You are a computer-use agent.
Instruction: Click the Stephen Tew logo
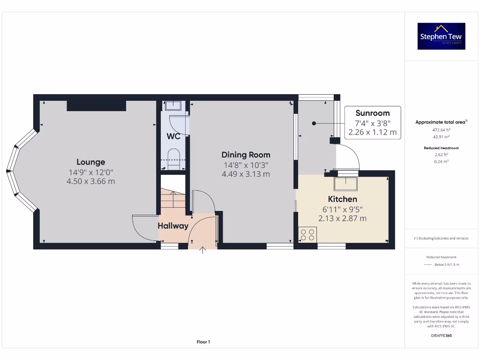pos(442,36)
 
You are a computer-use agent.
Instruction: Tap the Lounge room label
pos(91,162)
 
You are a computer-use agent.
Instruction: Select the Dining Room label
pos(246,155)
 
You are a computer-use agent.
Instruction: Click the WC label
pos(173,137)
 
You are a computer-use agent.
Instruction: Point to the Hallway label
pos(172,226)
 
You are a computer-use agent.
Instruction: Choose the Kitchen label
pos(342,199)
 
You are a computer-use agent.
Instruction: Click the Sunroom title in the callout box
pos(372,113)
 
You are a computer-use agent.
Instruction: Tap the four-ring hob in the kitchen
pos(307,234)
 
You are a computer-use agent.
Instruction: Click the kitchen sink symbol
pos(345,183)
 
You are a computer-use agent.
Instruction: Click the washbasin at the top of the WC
pos(173,105)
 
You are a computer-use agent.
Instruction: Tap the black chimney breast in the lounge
pos(96,105)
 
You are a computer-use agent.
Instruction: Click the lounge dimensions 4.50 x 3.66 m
pos(91,181)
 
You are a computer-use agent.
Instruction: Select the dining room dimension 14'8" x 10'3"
pos(246,165)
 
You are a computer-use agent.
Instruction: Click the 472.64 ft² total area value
pos(441,130)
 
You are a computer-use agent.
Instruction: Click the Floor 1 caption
pos(203,342)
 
